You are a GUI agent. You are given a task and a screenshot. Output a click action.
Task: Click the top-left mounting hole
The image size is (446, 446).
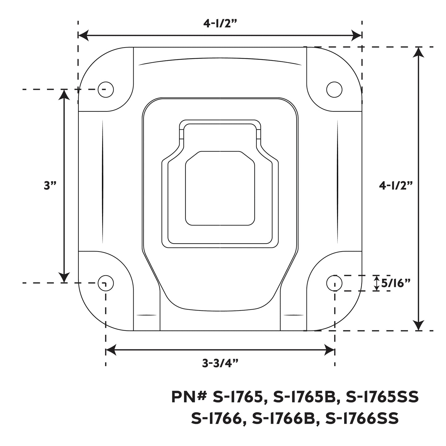[106, 90]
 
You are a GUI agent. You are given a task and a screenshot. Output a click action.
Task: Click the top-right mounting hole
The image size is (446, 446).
[334, 90]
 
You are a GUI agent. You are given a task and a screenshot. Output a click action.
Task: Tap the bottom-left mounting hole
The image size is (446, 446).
[106, 283]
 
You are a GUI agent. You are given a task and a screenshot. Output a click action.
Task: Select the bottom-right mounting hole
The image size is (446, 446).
[334, 283]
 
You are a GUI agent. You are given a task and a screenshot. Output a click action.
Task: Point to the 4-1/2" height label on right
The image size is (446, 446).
[396, 185]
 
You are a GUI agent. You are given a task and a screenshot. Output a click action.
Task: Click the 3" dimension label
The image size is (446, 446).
[50, 185]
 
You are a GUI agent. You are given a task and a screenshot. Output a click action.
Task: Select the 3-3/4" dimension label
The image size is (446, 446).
[220, 364]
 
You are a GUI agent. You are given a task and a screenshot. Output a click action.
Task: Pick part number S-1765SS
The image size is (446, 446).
[382, 397]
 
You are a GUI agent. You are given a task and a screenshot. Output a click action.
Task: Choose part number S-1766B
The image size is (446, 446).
[284, 419]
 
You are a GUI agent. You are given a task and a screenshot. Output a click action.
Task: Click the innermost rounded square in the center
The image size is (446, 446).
[220, 188]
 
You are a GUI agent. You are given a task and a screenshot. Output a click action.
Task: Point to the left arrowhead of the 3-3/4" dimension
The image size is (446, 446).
[110, 350]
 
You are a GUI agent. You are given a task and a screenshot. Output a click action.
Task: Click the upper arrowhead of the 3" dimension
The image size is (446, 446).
[64, 94]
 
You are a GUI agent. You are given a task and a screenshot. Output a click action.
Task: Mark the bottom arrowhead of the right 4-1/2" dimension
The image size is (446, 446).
[418, 326]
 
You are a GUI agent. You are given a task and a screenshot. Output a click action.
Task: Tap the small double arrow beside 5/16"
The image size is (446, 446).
[377, 283]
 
